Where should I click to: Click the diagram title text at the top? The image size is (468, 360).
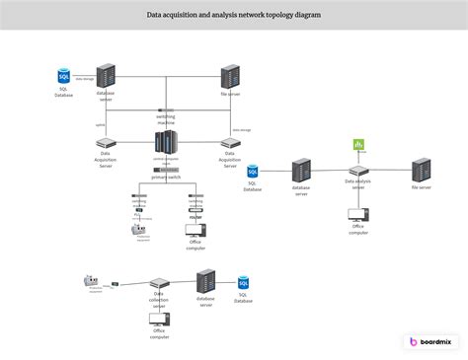(x=234, y=16)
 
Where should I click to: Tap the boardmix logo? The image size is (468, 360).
(x=430, y=341)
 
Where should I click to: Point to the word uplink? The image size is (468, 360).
(x=100, y=125)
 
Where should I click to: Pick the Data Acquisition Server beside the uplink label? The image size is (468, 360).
(x=105, y=143)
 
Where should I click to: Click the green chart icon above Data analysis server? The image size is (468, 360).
(x=358, y=146)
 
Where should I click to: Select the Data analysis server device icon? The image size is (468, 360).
(x=358, y=171)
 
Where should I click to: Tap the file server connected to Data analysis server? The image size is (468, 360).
(x=421, y=169)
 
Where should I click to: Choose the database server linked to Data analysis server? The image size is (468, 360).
(x=301, y=170)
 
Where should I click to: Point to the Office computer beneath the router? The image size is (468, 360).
(x=196, y=231)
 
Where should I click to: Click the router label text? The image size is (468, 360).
(x=196, y=215)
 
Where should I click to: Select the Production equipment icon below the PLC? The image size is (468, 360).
(x=138, y=231)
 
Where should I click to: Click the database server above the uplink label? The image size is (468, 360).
(x=105, y=75)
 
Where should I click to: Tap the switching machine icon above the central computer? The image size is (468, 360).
(x=167, y=115)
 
